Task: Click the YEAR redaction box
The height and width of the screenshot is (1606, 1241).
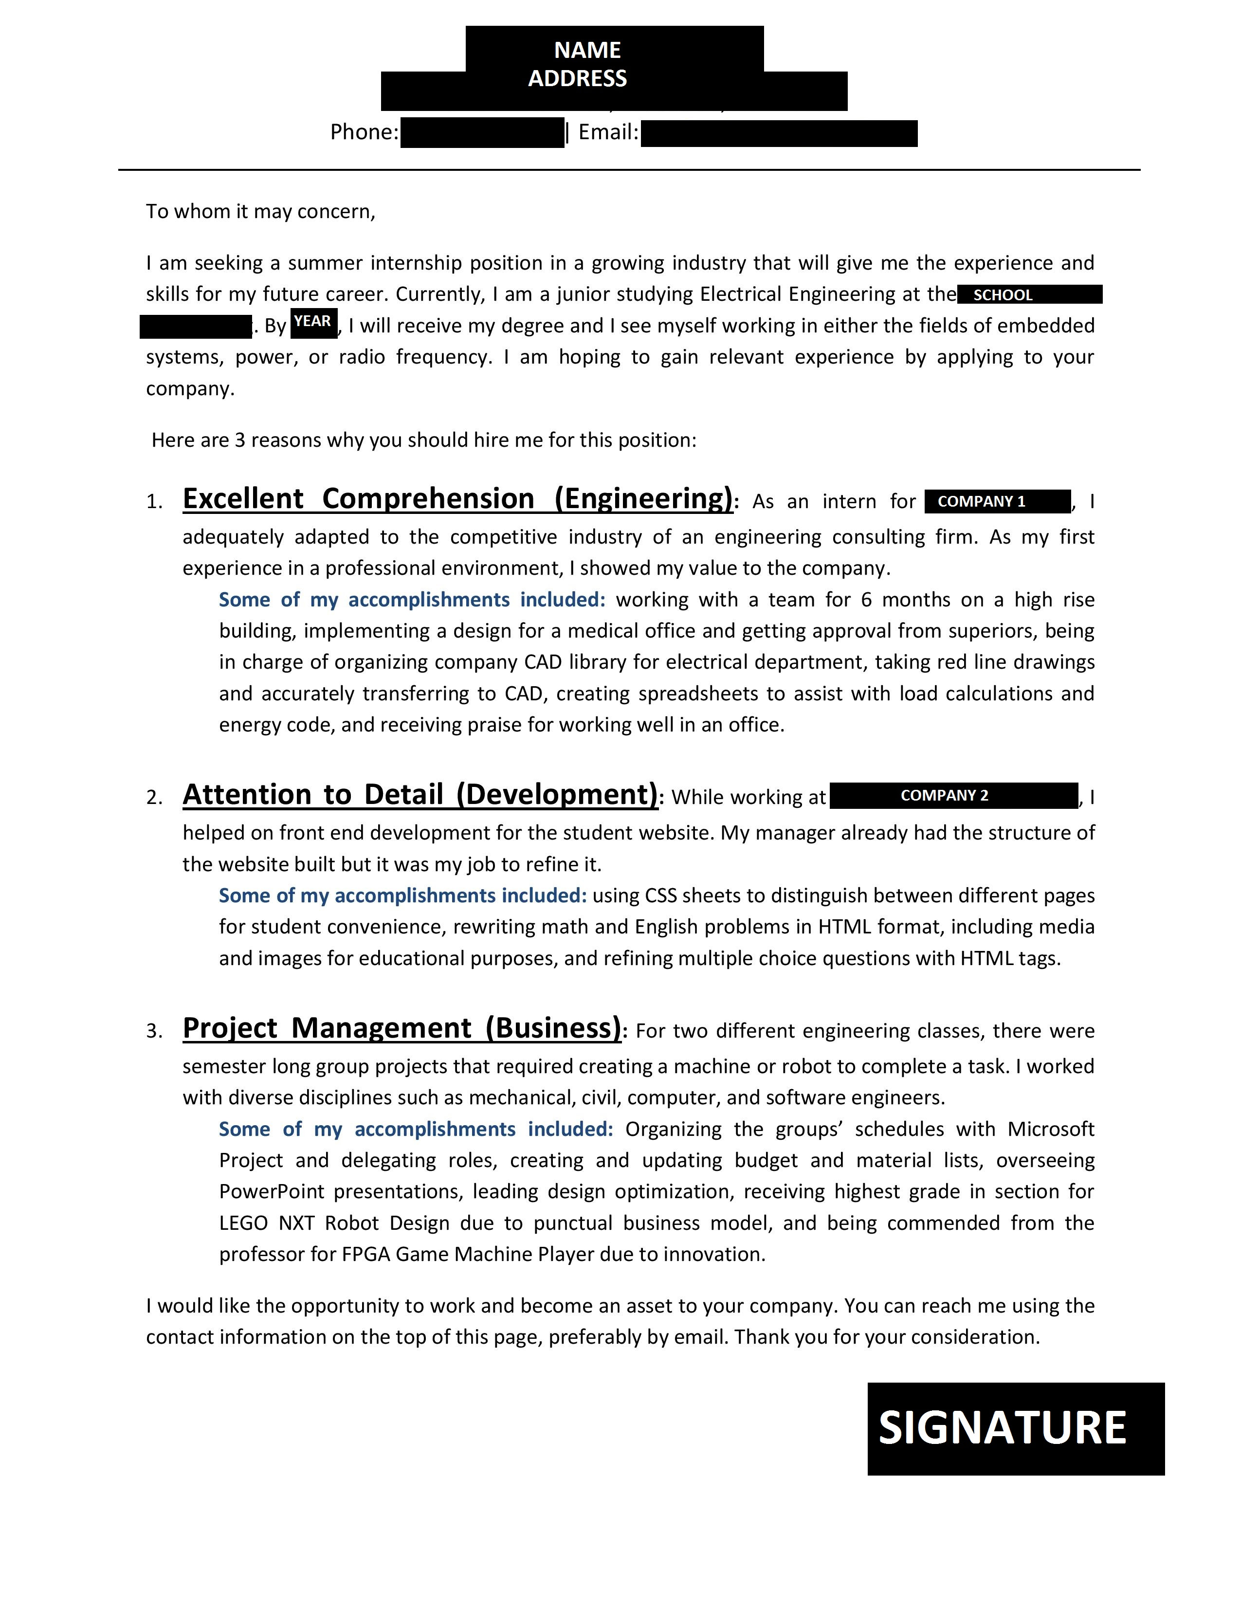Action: (314, 323)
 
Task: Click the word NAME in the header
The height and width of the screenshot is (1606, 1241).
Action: (587, 50)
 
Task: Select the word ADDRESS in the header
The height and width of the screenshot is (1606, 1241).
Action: (577, 79)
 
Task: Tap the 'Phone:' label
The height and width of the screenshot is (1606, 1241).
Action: (364, 132)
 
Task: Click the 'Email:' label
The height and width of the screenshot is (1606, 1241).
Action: (608, 132)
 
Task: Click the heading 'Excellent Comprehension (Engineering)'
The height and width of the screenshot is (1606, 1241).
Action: (457, 498)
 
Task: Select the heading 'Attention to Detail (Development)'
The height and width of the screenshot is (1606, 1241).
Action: (420, 794)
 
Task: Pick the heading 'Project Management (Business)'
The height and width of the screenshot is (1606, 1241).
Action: (402, 1027)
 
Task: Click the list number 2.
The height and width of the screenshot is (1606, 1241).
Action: (154, 798)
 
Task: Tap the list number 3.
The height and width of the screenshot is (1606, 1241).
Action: (154, 1032)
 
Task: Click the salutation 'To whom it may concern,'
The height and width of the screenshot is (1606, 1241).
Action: (260, 212)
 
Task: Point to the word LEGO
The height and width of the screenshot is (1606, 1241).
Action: (243, 1223)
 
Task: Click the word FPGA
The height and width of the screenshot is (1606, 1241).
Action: (365, 1255)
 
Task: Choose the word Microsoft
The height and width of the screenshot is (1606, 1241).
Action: (1051, 1129)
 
